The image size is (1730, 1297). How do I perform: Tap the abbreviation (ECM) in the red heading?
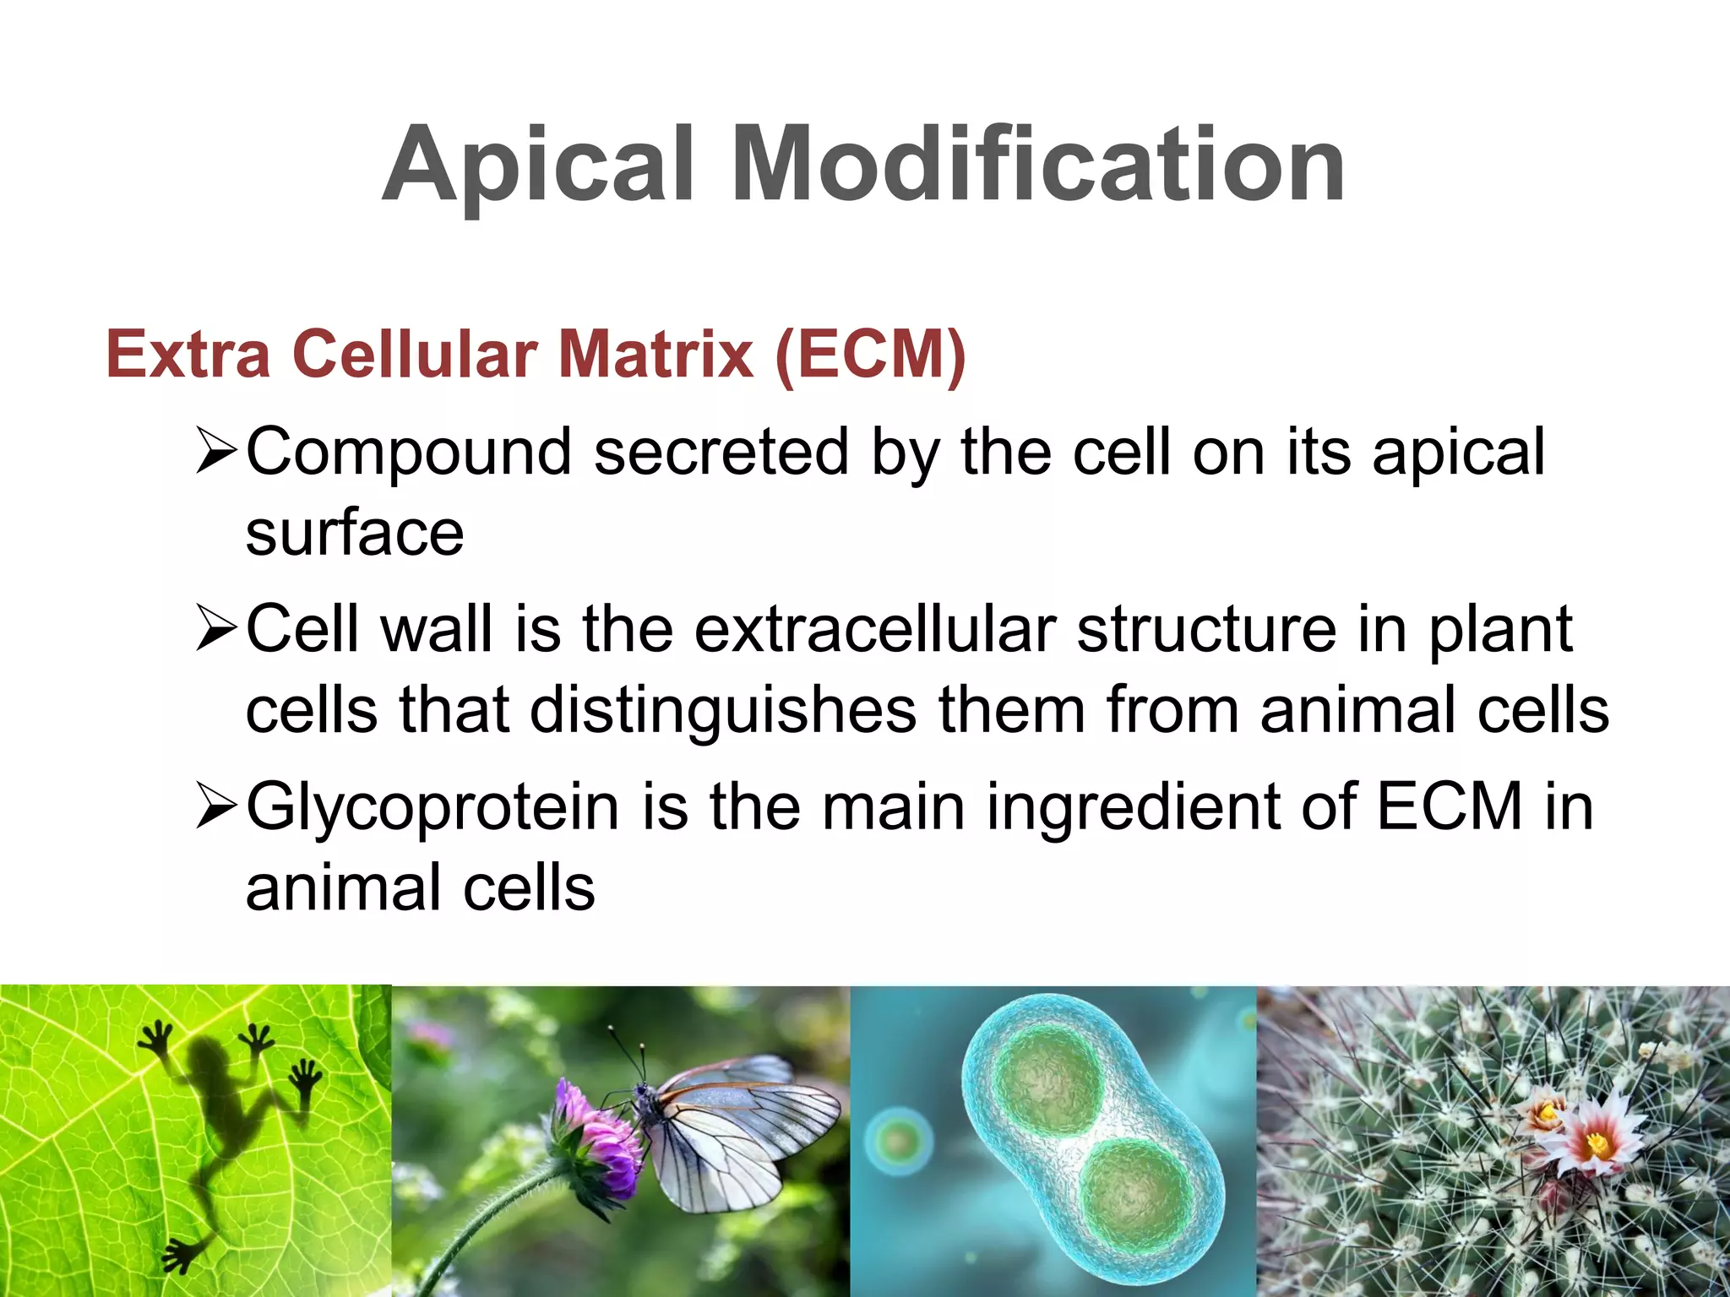pyautogui.click(x=870, y=355)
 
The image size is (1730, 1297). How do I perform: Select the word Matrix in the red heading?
pyautogui.click(x=656, y=355)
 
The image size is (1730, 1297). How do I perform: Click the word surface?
pyautogui.click(x=355, y=534)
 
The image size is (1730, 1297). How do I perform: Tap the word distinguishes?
pyautogui.click(x=723, y=711)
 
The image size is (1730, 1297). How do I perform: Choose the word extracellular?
pyautogui.click(x=875, y=630)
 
